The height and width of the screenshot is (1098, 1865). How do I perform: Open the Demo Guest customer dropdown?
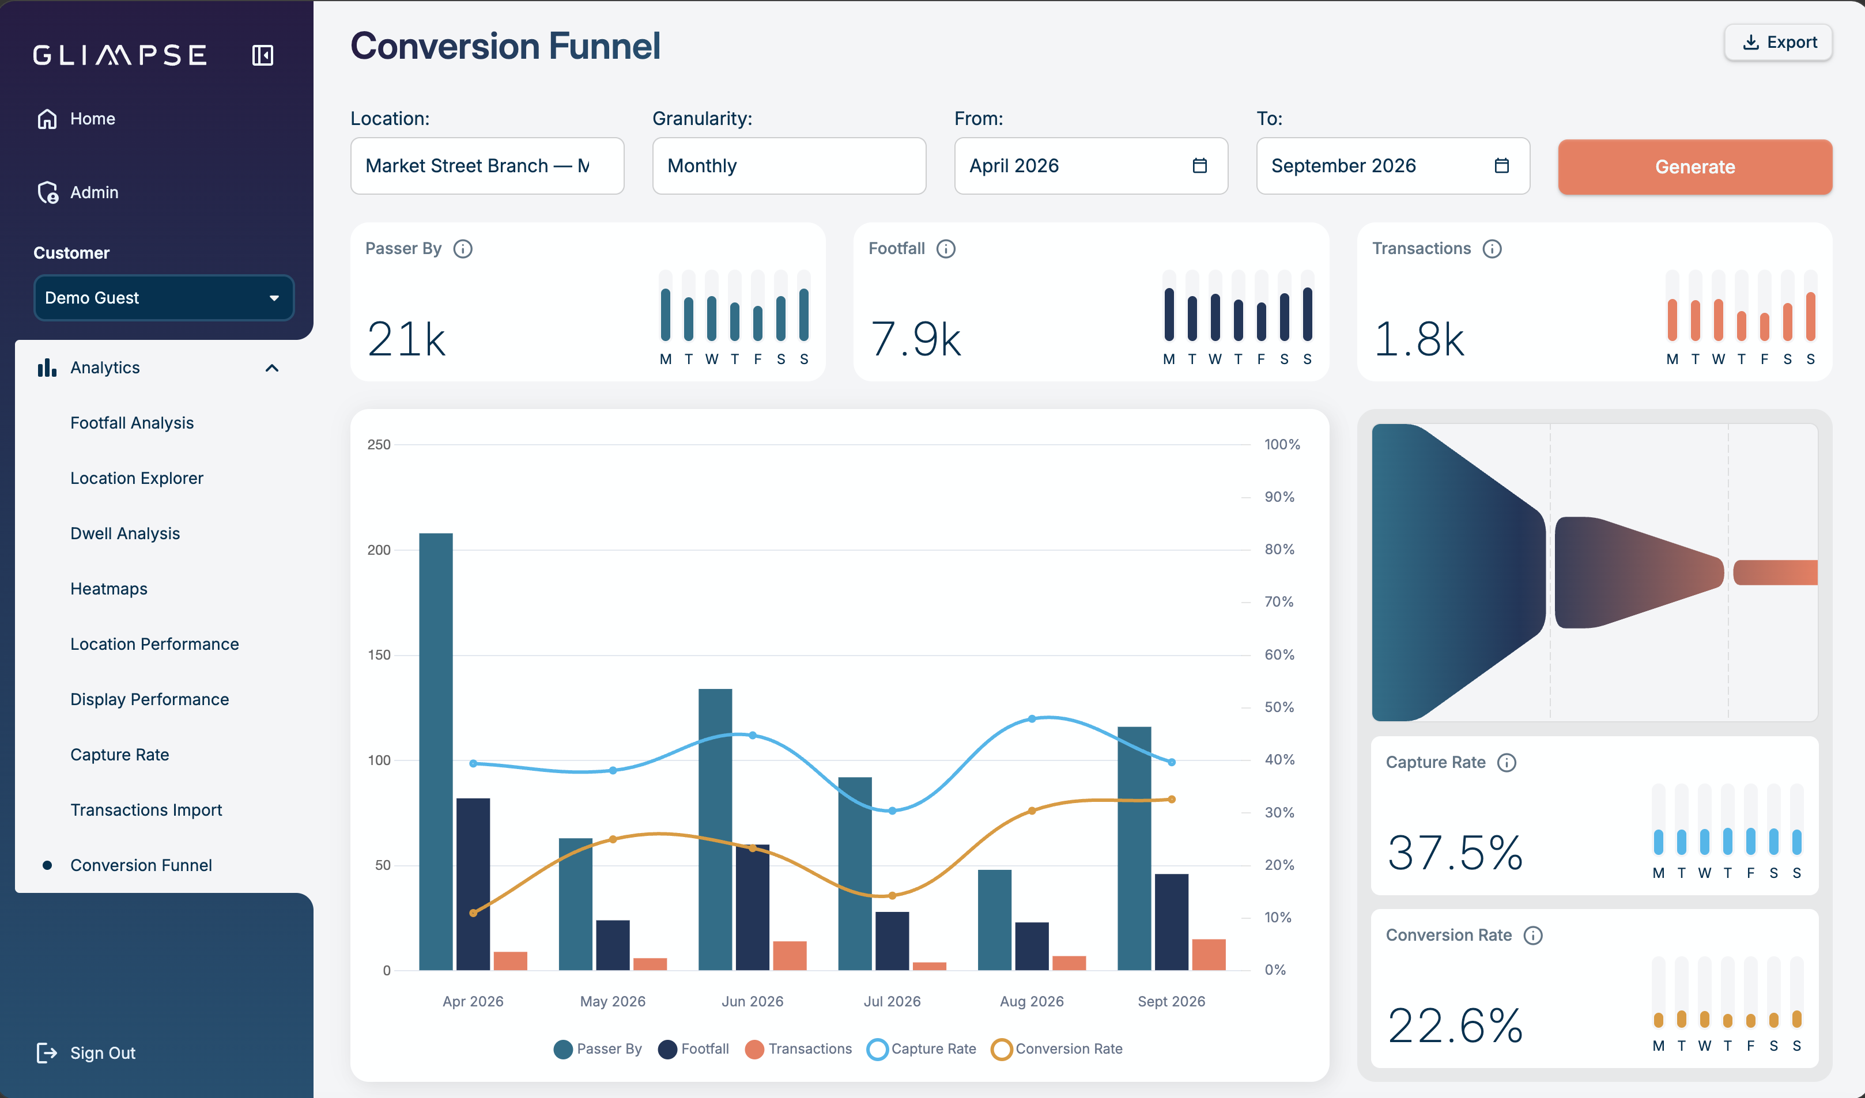(x=164, y=297)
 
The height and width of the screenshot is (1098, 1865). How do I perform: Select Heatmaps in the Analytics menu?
(x=109, y=589)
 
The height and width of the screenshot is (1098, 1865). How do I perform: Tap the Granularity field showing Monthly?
(x=789, y=166)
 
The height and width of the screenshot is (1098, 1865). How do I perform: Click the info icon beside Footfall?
(x=946, y=249)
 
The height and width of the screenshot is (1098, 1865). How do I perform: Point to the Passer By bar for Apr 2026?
(x=436, y=751)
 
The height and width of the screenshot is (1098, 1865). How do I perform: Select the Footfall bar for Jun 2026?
(x=753, y=907)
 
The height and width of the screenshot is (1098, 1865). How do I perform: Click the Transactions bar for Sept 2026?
(x=1209, y=955)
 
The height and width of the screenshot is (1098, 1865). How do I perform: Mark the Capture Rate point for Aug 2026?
(x=1032, y=718)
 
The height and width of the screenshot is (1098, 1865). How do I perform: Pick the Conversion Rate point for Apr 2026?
(x=474, y=913)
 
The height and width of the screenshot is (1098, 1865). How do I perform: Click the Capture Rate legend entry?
(x=922, y=1048)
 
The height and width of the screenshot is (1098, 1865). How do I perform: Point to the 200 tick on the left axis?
(x=379, y=550)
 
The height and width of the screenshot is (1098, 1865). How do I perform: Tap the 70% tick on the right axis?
(x=1279, y=601)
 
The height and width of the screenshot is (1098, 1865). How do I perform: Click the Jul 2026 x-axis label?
(x=892, y=1001)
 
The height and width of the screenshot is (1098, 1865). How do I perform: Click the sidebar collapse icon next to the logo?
(x=263, y=55)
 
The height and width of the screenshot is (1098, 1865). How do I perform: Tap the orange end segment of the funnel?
(x=1775, y=572)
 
